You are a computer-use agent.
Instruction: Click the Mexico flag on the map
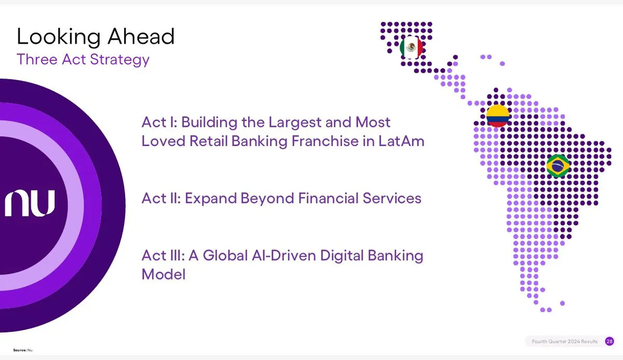411,47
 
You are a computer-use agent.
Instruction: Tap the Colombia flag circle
498,116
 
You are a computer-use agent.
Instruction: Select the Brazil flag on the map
558,166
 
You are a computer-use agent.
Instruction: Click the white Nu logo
30,203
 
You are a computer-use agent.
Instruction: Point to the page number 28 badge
610,341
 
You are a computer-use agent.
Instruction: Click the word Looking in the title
59,37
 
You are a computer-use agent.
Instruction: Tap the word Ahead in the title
141,36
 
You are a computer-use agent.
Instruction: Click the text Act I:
159,122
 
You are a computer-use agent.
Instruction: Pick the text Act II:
161,198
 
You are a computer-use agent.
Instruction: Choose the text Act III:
163,256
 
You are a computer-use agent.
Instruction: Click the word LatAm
401,141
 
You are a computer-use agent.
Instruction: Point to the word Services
392,198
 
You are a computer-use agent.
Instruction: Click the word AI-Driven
283,256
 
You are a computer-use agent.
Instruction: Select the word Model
164,274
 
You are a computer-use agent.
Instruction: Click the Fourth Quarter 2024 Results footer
565,341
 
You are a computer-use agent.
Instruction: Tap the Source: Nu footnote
23,350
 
